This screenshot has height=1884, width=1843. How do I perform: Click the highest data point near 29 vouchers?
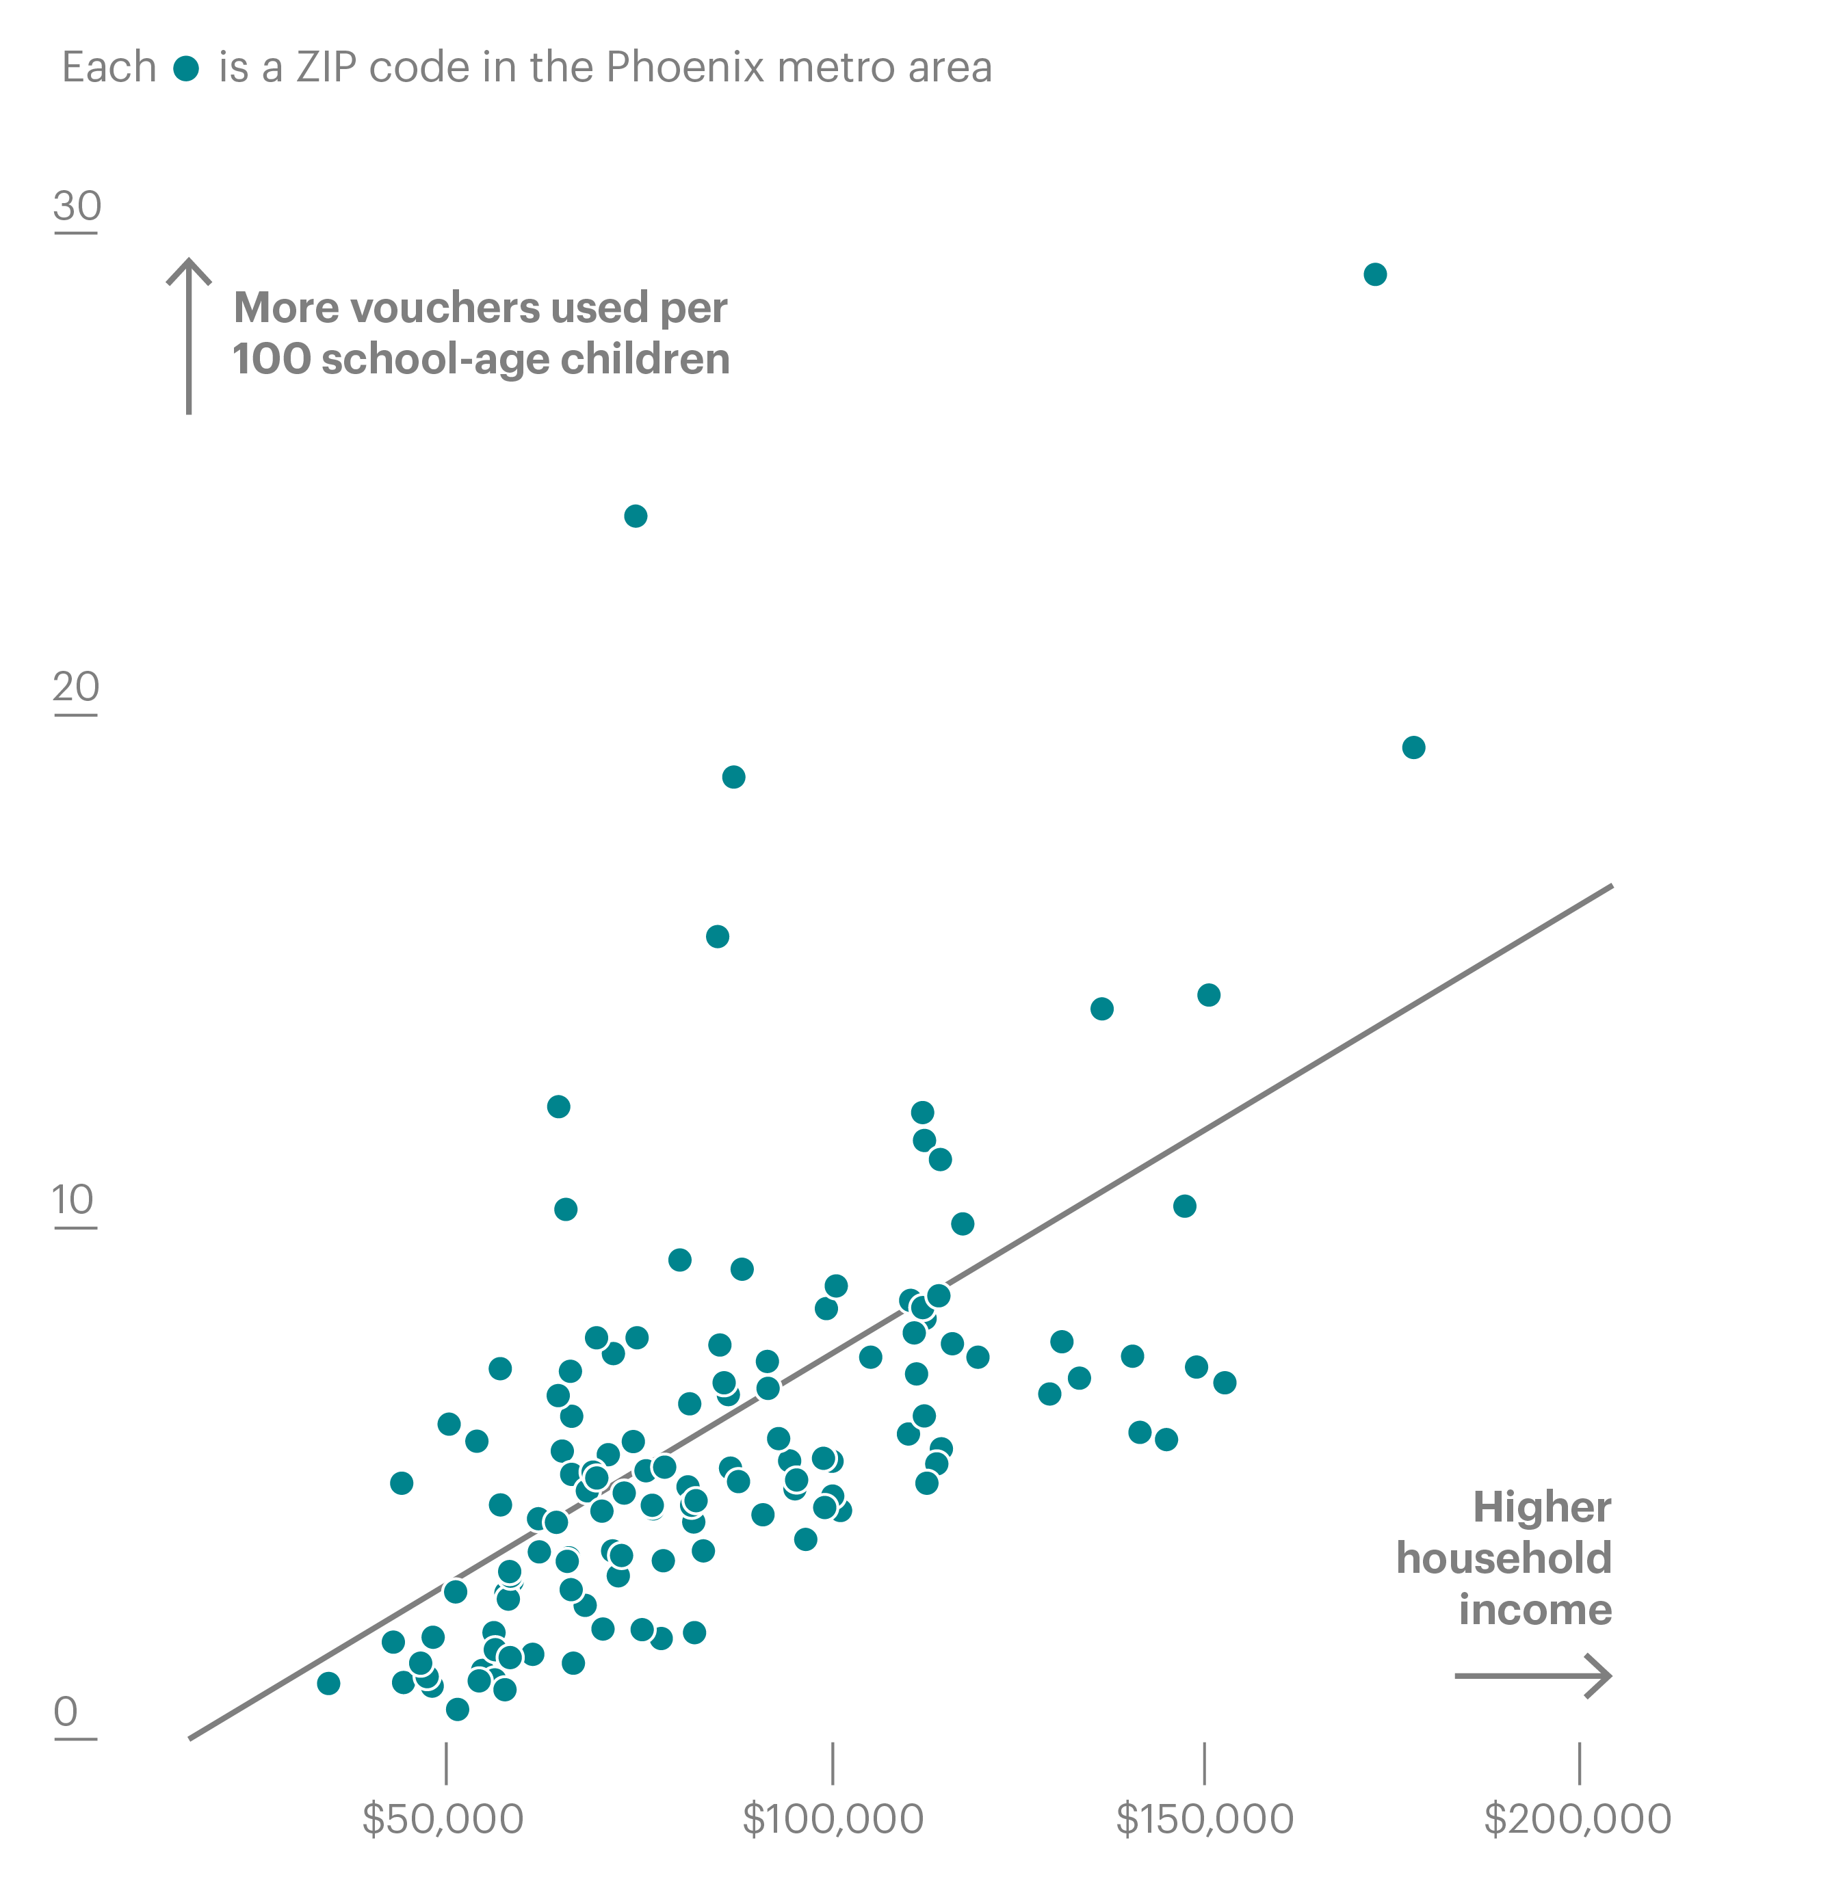click(1374, 275)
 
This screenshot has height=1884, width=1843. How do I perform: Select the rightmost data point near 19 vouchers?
click(1413, 747)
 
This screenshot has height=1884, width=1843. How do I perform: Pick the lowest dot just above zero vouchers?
click(458, 1709)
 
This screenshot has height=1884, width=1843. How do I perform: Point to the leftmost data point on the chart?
click(329, 1683)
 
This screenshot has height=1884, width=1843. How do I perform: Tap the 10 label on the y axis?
click(74, 1201)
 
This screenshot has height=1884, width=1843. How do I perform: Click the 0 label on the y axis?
click(66, 1712)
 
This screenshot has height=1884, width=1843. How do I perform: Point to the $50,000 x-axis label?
click(443, 1819)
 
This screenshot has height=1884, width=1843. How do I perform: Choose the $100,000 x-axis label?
click(833, 1819)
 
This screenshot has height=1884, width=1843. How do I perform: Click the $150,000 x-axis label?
click(1204, 1819)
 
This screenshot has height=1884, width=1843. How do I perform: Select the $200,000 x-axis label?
click(1578, 1819)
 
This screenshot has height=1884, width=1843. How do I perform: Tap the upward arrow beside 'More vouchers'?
click(189, 334)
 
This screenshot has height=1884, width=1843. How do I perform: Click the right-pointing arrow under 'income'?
click(1532, 1675)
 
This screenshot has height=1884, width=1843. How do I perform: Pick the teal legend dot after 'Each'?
click(186, 68)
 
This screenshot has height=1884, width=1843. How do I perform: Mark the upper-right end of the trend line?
click(1610, 886)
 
